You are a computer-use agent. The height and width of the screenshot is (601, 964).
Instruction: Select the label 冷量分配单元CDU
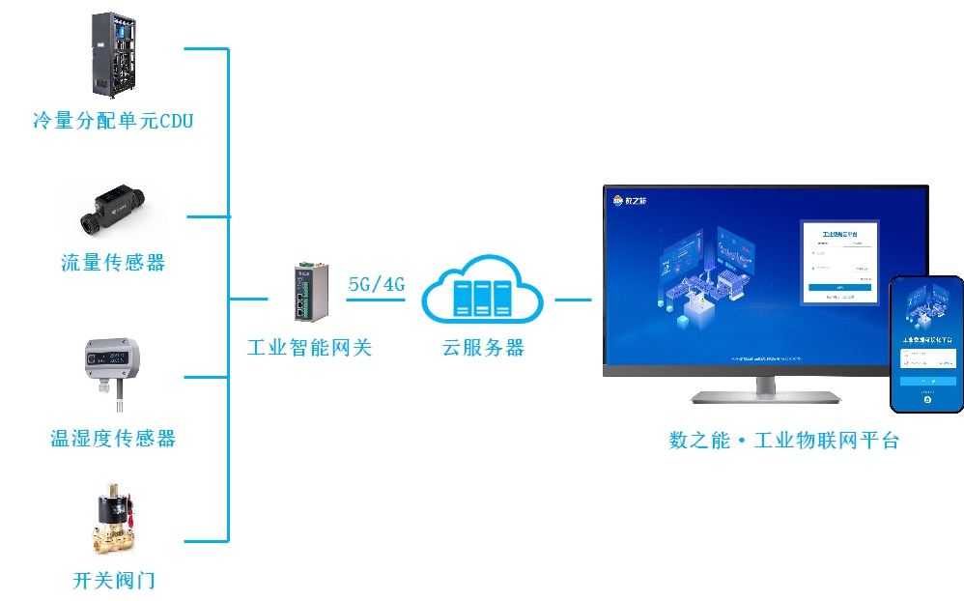click(x=113, y=121)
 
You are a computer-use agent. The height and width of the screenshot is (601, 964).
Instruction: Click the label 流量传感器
click(x=113, y=263)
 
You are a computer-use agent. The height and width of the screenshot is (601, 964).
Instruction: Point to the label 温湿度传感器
click(x=113, y=439)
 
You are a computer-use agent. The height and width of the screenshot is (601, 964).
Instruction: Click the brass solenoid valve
click(x=113, y=522)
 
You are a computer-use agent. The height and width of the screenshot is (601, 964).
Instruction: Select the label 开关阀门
click(x=113, y=581)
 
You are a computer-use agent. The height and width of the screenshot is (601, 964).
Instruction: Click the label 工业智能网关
click(x=309, y=348)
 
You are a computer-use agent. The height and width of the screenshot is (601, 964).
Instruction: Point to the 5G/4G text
click(x=376, y=284)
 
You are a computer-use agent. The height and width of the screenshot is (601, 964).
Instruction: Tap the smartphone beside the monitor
click(x=926, y=343)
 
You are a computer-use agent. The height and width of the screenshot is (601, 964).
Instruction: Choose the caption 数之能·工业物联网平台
click(x=783, y=441)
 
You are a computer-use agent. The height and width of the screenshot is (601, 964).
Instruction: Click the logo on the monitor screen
click(x=630, y=201)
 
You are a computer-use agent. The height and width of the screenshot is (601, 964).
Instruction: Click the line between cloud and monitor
click(x=572, y=300)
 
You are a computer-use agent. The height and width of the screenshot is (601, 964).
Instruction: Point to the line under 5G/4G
click(x=375, y=300)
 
